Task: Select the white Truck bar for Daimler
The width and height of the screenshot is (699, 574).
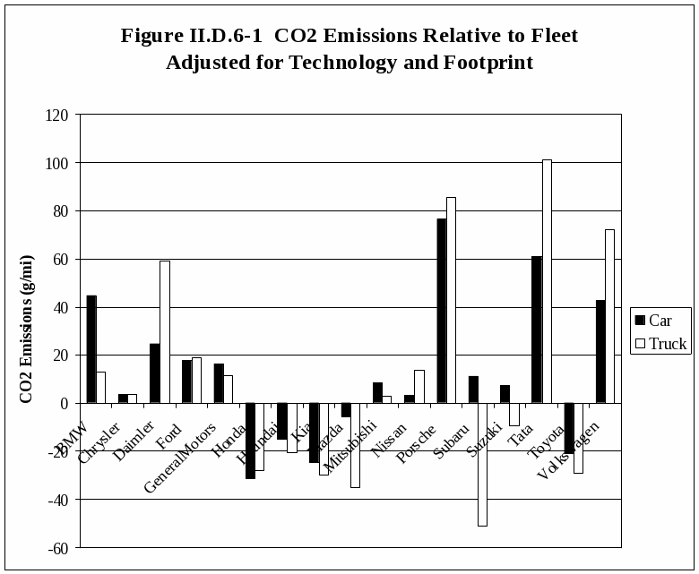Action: point(165,332)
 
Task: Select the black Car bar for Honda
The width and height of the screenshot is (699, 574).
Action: point(250,441)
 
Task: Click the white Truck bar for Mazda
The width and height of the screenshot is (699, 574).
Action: point(355,445)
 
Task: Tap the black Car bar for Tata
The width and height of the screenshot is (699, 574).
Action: point(537,330)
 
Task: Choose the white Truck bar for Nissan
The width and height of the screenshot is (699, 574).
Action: point(419,387)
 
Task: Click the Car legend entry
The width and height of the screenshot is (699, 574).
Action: point(660,321)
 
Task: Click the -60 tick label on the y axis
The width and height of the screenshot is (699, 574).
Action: point(57,547)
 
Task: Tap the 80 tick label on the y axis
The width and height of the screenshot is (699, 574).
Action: point(60,211)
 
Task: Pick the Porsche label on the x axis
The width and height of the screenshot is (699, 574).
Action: point(416,441)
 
